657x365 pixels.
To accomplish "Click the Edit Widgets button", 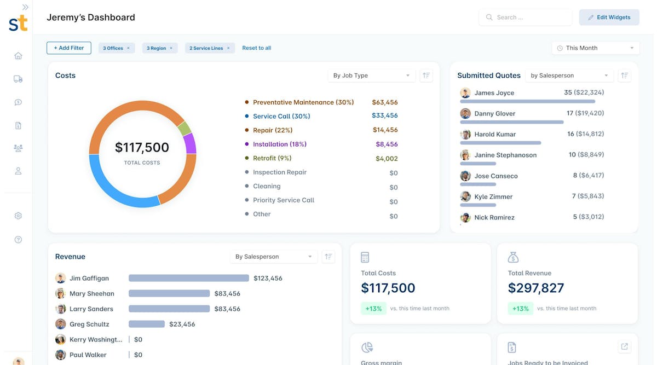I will [x=609, y=18].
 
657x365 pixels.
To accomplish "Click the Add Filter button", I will [x=69, y=48].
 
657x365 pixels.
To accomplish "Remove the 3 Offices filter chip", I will [x=129, y=48].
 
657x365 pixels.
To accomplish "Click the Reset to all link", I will [x=256, y=48].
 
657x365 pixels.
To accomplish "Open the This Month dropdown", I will [x=595, y=48].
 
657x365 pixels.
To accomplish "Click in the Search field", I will [x=526, y=18].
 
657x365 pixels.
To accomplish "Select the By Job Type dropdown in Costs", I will [x=371, y=76].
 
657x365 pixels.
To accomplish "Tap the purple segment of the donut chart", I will [x=190, y=143].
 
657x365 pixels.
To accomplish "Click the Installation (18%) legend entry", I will [x=279, y=144].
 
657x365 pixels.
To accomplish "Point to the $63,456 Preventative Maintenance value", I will [x=384, y=102].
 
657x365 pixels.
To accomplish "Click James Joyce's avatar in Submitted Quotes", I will [x=465, y=93].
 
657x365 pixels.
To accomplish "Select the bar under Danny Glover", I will [x=511, y=122].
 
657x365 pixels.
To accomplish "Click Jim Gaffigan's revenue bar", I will [x=188, y=278].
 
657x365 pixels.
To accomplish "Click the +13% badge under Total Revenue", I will [x=520, y=309].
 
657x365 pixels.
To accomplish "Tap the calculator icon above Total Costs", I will [x=365, y=257].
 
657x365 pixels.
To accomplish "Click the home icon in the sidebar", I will [x=18, y=56].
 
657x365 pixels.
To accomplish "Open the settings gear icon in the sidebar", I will [x=18, y=216].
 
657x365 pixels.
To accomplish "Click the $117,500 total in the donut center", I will [x=142, y=148].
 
